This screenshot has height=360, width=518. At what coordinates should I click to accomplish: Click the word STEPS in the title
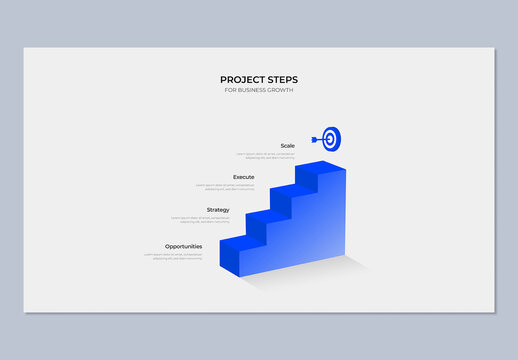point(282,80)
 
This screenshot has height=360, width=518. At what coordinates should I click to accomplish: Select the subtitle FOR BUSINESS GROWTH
point(259,91)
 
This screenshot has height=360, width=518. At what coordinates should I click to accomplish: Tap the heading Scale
point(287,146)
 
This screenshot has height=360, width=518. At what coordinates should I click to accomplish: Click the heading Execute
point(243,177)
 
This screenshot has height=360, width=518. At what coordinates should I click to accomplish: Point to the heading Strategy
point(218,210)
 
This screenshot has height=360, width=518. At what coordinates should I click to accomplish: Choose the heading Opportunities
point(183,246)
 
